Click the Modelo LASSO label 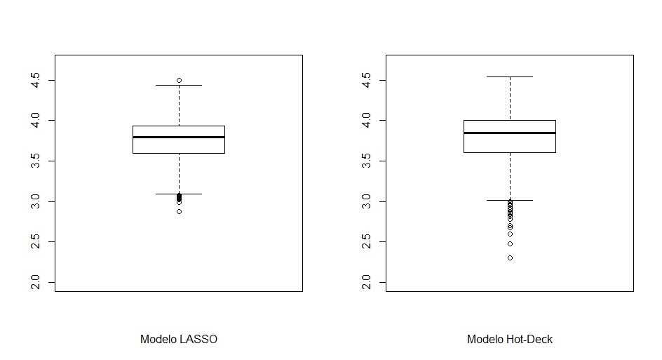[179, 340]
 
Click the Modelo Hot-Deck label [510, 340]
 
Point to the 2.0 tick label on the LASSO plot [43, 283]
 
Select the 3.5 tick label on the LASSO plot [43, 161]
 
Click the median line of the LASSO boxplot [179, 137]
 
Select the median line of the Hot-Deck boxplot [510, 133]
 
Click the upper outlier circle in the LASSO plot [179, 80]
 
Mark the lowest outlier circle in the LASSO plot [179, 211]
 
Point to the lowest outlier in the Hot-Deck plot [510, 258]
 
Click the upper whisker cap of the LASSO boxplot [179, 85]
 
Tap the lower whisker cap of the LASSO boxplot [179, 194]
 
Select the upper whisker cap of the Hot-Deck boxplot [510, 76]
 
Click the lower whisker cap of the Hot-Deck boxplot [510, 200]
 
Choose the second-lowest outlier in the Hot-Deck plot [510, 244]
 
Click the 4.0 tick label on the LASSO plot [43, 121]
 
